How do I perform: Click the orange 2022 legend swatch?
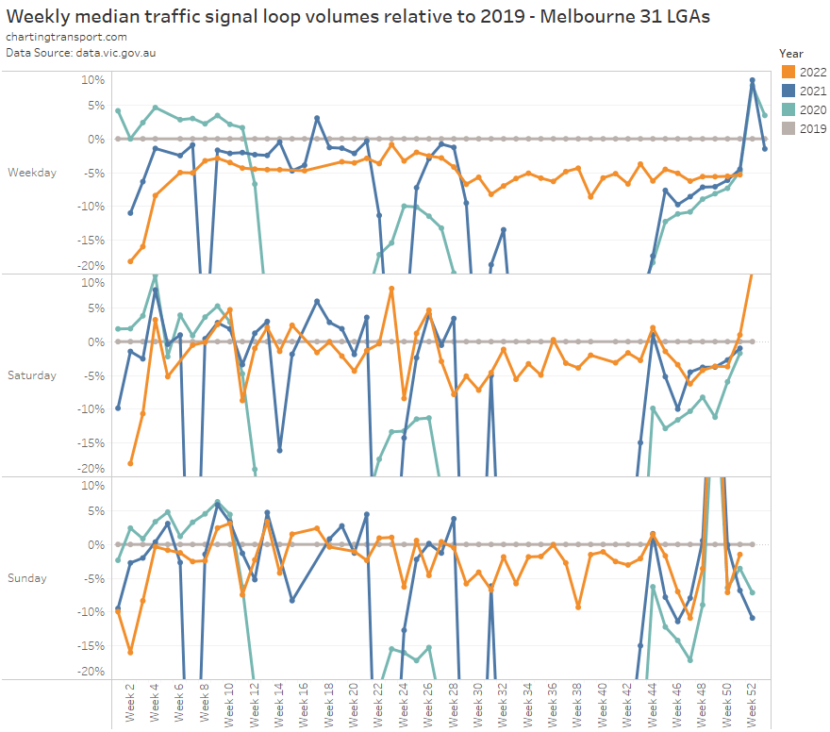coord(788,72)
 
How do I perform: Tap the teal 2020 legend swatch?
coord(788,110)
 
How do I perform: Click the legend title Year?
coord(791,54)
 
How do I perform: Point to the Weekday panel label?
coord(31,173)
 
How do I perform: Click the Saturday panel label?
coord(31,375)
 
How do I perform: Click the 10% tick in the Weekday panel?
coord(91,79)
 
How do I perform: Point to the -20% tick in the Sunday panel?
coord(89,672)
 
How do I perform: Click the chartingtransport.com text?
coord(66,37)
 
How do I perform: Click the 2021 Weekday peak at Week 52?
coord(752,80)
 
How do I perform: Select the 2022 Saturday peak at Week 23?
coord(391,289)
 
